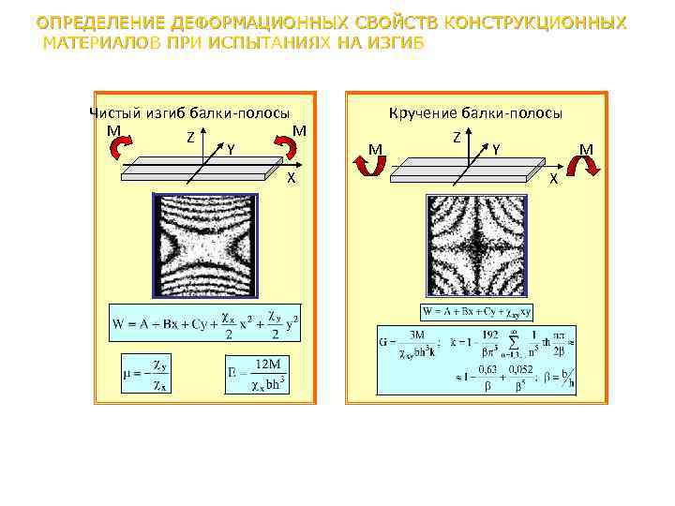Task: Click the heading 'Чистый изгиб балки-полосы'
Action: click(188, 112)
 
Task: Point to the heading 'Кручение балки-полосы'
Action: click(475, 113)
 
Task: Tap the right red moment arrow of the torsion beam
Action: click(588, 167)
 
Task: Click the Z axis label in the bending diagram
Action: click(190, 137)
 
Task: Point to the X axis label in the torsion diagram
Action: click(553, 178)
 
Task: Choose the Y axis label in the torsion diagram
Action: click(495, 148)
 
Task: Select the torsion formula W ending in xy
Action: click(478, 311)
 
